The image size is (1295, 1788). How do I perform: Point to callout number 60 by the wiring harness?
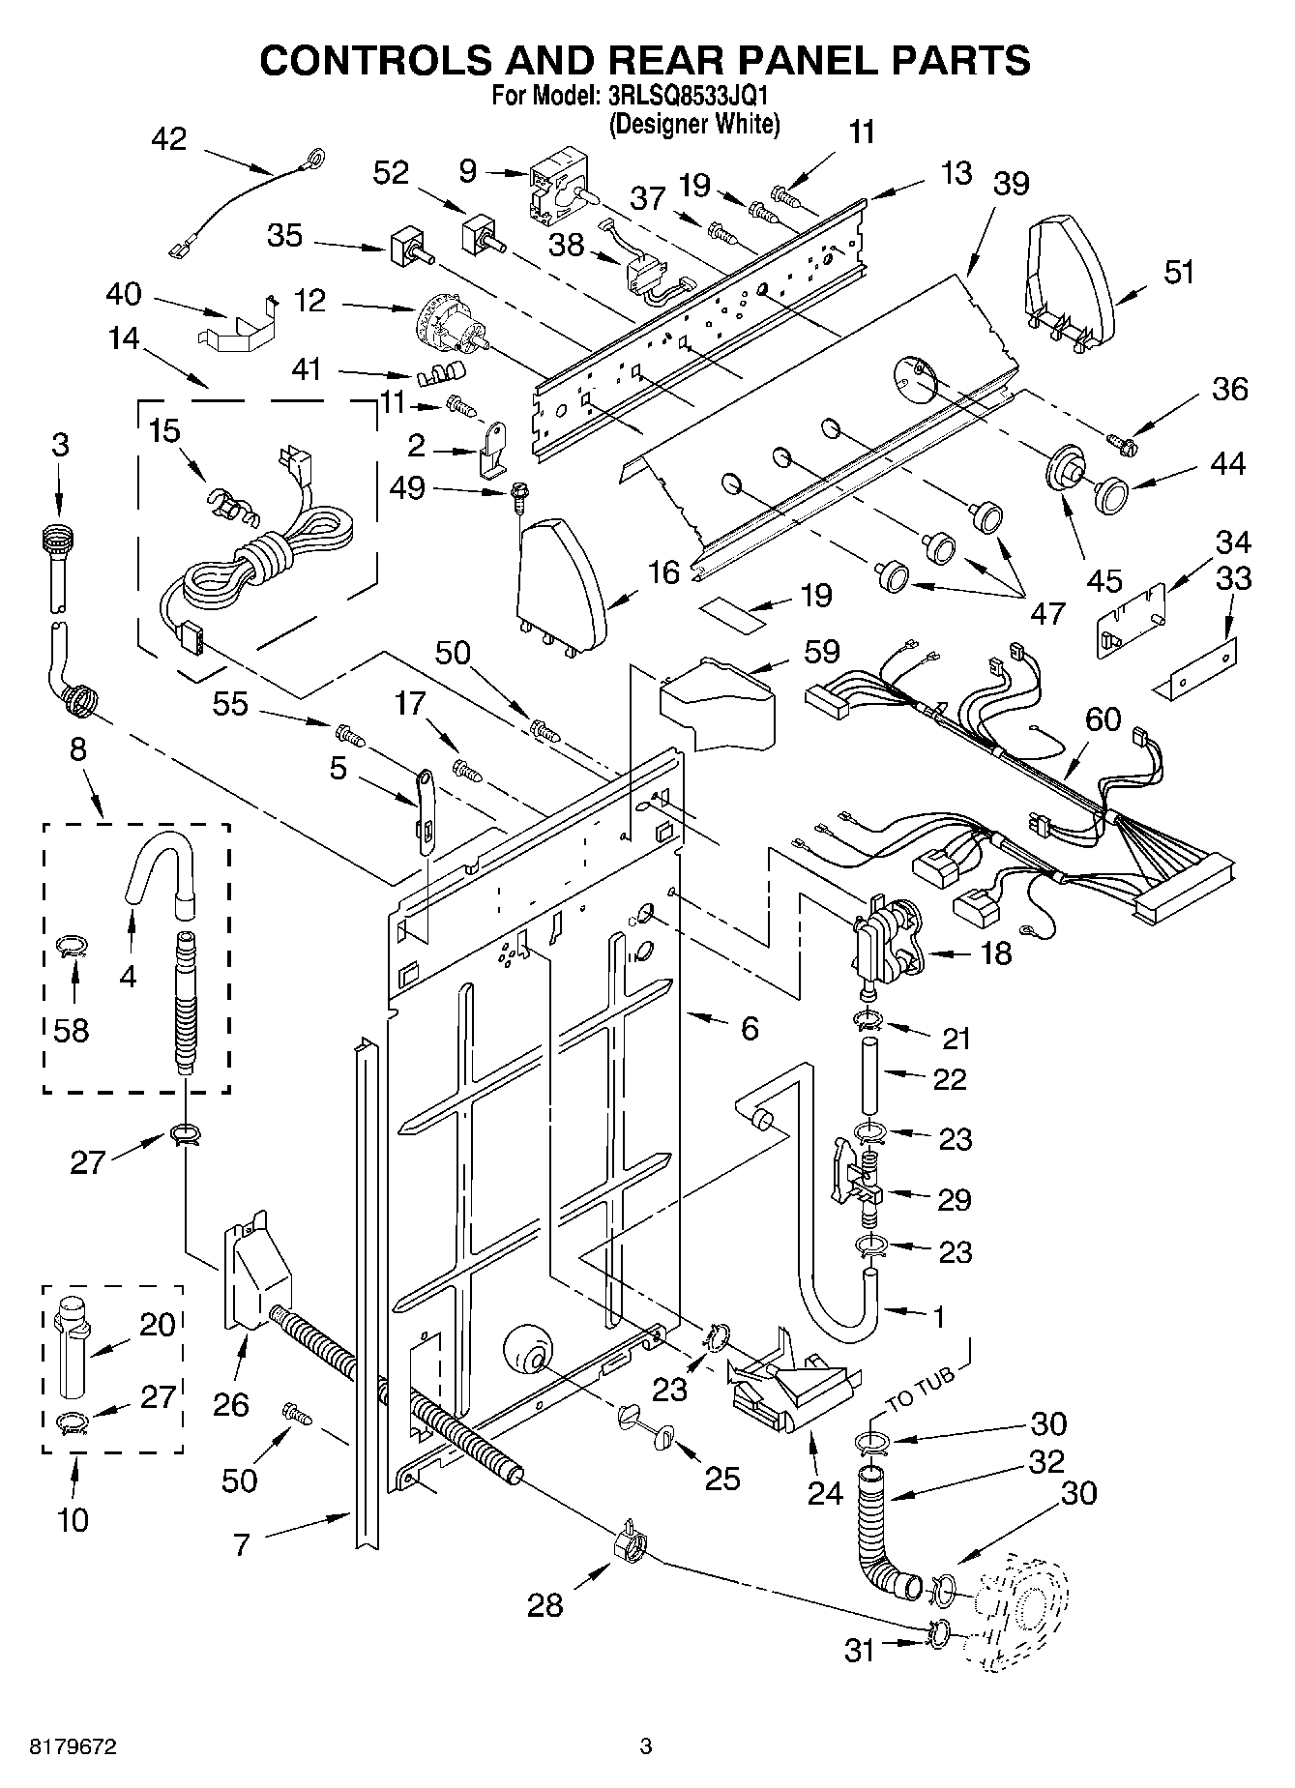1103,718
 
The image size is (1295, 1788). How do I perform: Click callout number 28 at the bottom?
544,1604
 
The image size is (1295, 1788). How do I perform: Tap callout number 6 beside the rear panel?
750,1028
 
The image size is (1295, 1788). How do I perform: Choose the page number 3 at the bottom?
646,1746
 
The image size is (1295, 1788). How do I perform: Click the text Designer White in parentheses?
693,124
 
